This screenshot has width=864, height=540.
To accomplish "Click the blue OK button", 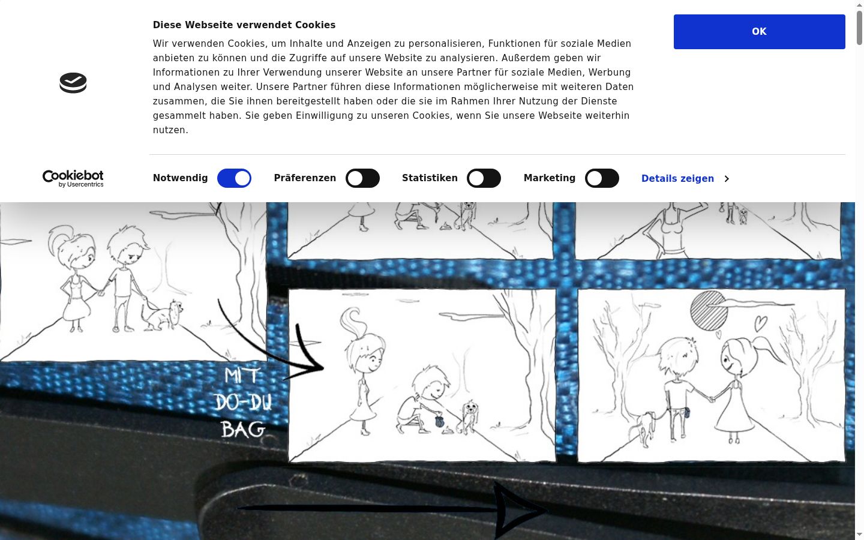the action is (x=759, y=32).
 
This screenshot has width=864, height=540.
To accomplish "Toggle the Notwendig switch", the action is (x=234, y=178).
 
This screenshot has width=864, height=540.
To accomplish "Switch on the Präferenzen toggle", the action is (x=362, y=178).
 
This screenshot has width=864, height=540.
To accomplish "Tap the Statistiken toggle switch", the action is (x=484, y=178).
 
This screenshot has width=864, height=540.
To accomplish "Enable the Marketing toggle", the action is (x=602, y=178).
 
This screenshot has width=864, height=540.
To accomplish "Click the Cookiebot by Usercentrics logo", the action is (x=73, y=179).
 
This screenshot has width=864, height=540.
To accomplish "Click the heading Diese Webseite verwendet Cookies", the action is (x=244, y=25).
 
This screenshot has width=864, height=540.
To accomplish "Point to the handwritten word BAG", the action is (x=244, y=430).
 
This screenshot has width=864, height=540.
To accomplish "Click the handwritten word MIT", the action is (x=242, y=376).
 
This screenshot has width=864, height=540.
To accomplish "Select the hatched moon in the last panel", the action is (x=709, y=311).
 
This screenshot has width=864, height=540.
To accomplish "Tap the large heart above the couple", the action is (x=761, y=323).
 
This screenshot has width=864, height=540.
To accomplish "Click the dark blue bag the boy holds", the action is (x=439, y=421).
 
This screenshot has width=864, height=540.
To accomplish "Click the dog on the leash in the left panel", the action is (x=163, y=315).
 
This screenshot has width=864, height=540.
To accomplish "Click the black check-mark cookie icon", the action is (x=73, y=83).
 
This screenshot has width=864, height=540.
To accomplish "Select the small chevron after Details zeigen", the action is (x=727, y=179).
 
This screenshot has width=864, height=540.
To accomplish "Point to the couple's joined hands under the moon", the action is (x=711, y=399).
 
